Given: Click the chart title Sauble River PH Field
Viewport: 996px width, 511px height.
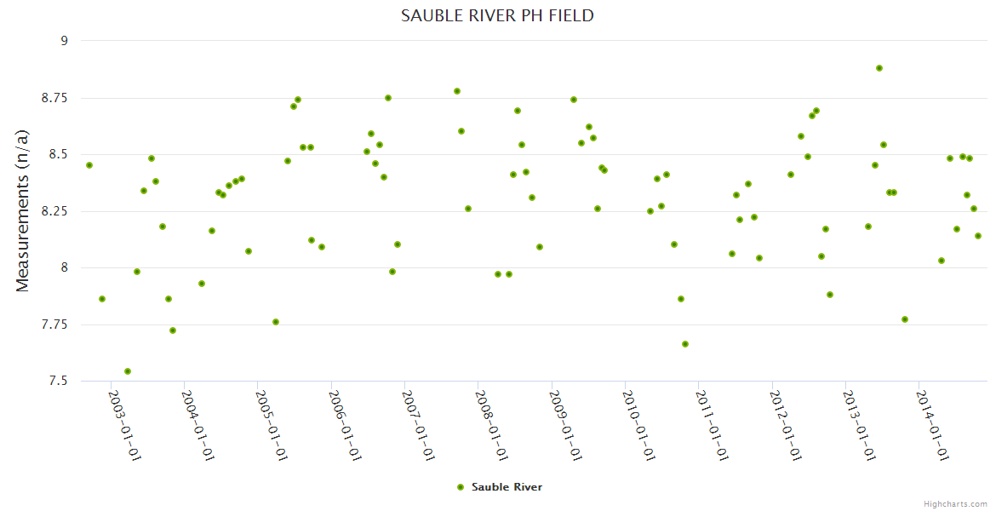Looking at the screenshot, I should [x=497, y=16].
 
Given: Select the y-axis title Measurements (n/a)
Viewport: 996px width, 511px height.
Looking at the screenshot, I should [x=23, y=210].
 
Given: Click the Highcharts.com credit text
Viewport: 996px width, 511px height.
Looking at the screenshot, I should [x=955, y=503].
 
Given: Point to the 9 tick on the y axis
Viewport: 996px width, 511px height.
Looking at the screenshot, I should [x=62, y=41].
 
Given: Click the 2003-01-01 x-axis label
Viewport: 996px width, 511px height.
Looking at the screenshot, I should [x=124, y=425].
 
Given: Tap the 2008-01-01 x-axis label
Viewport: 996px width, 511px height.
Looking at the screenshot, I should [x=491, y=425].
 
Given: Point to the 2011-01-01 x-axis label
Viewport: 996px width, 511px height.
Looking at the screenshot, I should [x=712, y=425].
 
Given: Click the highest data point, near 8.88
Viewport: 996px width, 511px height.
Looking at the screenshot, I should [x=879, y=68].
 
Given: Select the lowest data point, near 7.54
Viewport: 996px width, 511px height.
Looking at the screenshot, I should [x=128, y=371].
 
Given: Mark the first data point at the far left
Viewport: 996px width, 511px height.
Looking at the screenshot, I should [x=89, y=165].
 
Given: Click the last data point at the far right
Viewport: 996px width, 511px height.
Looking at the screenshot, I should [x=978, y=236].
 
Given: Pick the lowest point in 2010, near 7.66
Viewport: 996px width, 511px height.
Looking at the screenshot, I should [x=685, y=344].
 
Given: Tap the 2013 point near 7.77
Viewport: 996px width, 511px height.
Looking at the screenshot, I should [x=905, y=319].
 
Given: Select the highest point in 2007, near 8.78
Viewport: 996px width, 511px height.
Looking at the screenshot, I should [x=457, y=91].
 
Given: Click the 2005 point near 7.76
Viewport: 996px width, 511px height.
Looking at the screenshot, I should [x=276, y=322].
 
